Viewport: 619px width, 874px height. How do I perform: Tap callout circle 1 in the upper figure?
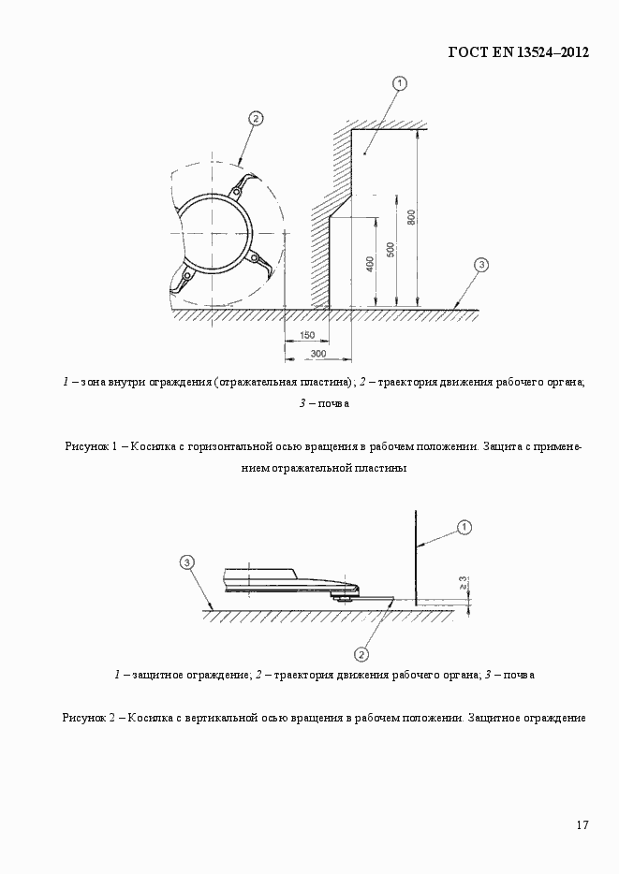tap(400, 83)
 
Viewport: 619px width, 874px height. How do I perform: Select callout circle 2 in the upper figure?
tap(255, 118)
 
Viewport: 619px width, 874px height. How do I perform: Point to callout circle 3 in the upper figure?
tap(479, 265)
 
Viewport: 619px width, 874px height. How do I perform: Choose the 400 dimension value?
tap(371, 265)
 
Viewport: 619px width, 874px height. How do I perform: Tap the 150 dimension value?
tap(306, 335)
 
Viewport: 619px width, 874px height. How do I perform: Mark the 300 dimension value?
tap(317, 353)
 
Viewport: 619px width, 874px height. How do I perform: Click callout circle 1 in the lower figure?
tap(464, 528)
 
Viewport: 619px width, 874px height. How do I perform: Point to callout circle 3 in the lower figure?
tap(187, 562)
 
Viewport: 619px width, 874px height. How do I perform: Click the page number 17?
tap(582, 824)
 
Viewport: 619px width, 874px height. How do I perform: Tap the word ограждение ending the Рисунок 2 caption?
tap(554, 718)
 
